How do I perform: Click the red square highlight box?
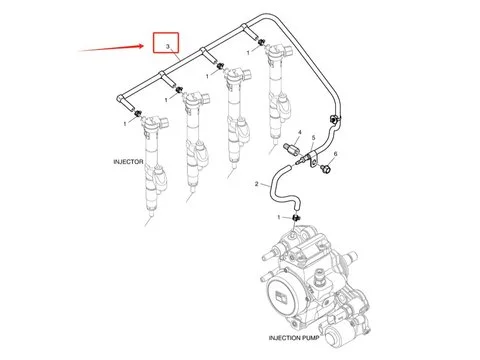tap(153, 43)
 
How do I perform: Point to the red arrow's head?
tap(144, 46)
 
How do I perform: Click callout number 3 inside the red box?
tap(168, 46)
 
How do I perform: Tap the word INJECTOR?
tap(128, 162)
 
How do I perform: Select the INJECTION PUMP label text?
tap(294, 338)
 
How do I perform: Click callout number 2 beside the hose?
tap(256, 184)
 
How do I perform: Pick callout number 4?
tap(299, 132)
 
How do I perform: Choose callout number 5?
tap(313, 138)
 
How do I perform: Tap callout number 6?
tap(335, 154)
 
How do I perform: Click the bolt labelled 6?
tap(325, 168)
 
